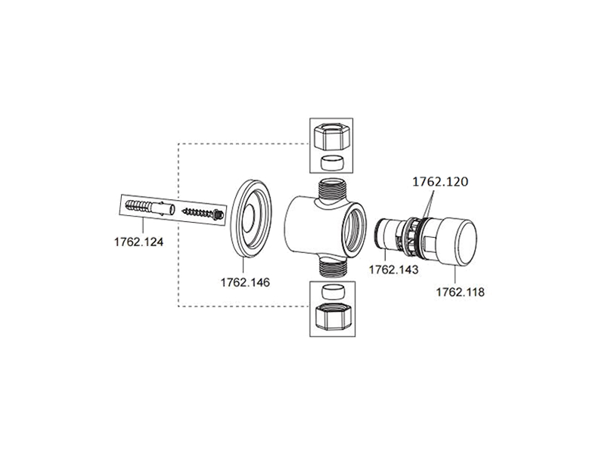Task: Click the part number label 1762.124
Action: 138,242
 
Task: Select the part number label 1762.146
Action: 245,282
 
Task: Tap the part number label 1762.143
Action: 393,270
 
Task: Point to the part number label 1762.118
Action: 460,292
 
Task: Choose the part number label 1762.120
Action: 440,182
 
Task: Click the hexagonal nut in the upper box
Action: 331,137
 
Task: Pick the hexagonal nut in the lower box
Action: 332,316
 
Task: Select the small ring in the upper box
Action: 331,162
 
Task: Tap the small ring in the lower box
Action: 332,292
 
